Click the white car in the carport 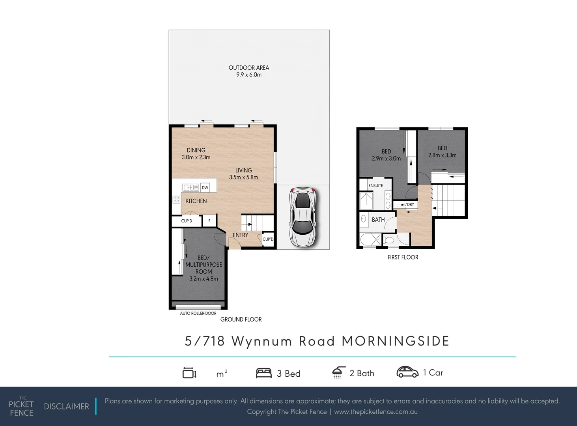coord(303,217)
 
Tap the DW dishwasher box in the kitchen coord(205,188)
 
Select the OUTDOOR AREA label coord(249,71)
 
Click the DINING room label coord(196,153)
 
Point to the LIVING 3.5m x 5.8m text coord(243,174)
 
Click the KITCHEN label coord(196,201)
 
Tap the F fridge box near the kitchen coord(209,221)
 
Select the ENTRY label coord(240,235)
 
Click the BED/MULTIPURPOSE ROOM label coord(204,268)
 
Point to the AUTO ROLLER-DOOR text coord(198,313)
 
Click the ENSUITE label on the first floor coord(375,185)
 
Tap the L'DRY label coord(409,205)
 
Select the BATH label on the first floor coord(378,220)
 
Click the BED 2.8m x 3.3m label coord(442,152)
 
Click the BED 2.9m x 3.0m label coord(386,155)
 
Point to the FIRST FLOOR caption coord(403,257)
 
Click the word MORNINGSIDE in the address coord(395,341)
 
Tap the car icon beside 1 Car coord(407,372)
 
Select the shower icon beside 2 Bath coord(338,372)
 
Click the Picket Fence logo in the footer coord(21,407)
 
